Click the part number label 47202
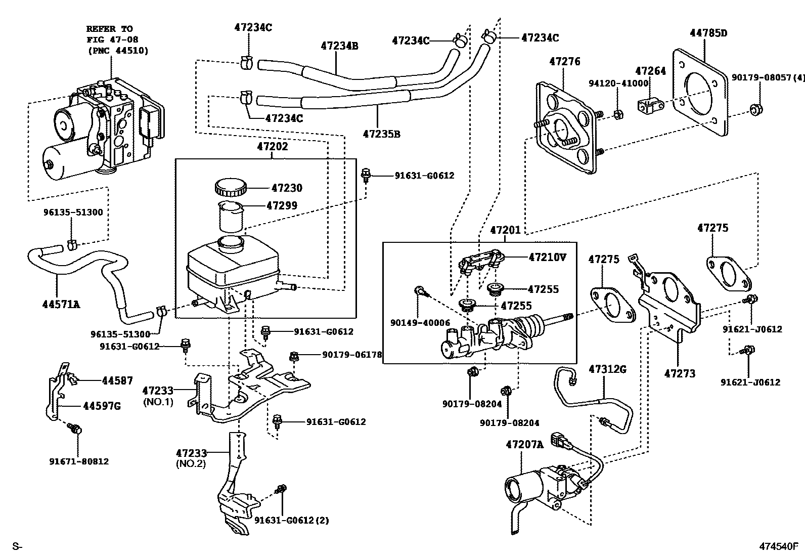click(x=272, y=147)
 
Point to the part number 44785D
click(x=708, y=33)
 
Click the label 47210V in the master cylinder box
click(x=547, y=257)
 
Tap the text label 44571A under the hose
click(x=61, y=304)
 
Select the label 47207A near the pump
click(x=524, y=445)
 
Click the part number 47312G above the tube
click(x=607, y=369)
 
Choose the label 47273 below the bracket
click(x=679, y=373)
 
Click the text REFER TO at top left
click(x=109, y=29)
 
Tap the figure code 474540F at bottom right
click(x=778, y=546)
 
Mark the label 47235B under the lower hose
click(x=381, y=134)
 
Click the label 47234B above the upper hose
click(x=339, y=46)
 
